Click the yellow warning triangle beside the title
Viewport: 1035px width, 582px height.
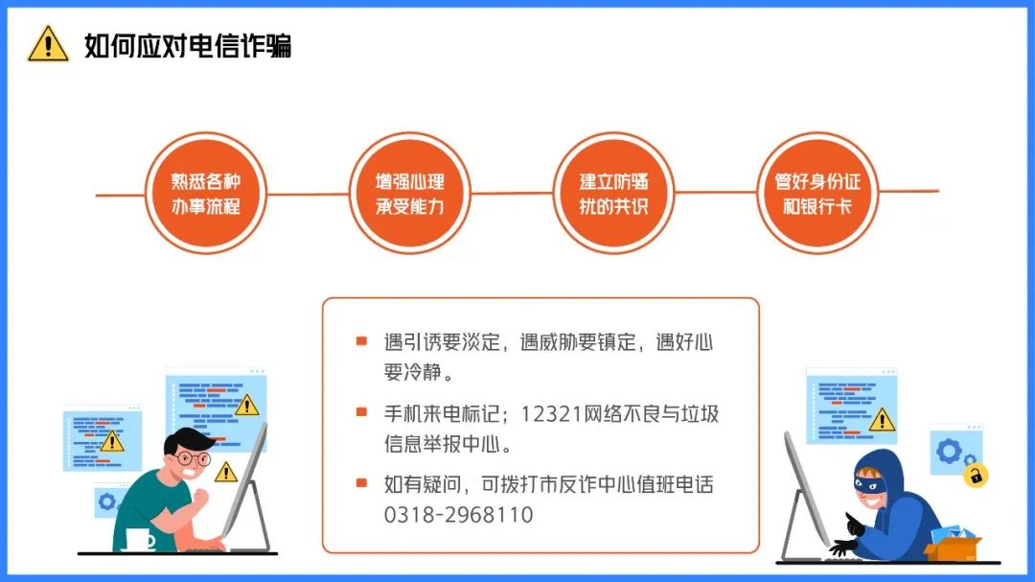click(x=48, y=44)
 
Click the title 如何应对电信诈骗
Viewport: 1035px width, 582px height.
click(x=188, y=46)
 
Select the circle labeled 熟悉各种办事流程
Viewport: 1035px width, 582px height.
click(x=206, y=194)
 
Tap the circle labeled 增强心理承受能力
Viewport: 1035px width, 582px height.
click(x=410, y=194)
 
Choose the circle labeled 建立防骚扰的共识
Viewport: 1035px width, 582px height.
click(x=614, y=194)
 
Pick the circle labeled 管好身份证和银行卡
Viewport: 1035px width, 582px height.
click(x=817, y=194)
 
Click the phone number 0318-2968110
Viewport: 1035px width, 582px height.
click(x=459, y=515)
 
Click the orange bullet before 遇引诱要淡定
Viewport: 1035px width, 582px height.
click(x=361, y=341)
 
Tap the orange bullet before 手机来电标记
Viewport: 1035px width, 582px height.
click(x=361, y=412)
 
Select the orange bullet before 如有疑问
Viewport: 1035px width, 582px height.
click(x=361, y=483)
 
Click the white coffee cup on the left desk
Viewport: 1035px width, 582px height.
click(x=140, y=539)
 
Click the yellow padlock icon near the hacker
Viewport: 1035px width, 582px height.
click(x=976, y=475)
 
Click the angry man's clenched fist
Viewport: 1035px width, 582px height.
click(x=199, y=498)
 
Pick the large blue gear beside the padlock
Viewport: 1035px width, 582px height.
click(x=949, y=452)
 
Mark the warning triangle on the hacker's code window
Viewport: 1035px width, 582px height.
click(x=882, y=420)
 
